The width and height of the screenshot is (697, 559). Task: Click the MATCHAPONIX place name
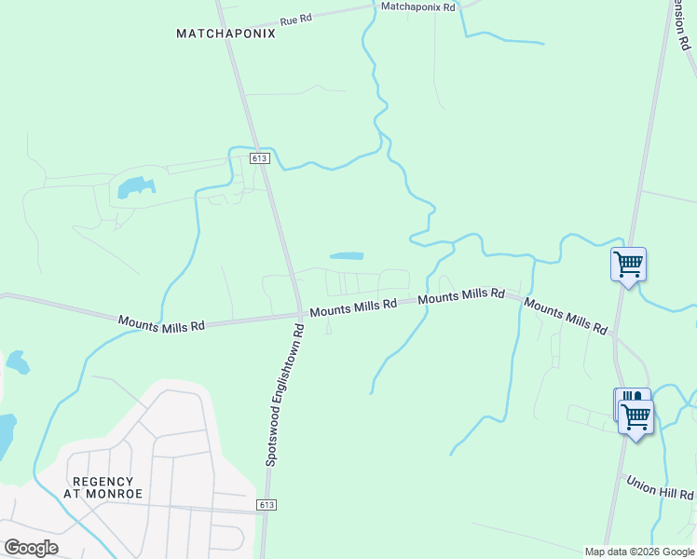pos(226,34)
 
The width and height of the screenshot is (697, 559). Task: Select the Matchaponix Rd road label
pos(418,7)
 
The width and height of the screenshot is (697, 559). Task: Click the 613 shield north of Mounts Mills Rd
pos(260,159)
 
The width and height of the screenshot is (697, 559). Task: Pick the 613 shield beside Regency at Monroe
pos(267,504)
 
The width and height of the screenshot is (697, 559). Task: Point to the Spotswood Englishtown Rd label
pos(285,395)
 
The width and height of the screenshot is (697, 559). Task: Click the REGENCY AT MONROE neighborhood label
pos(103,487)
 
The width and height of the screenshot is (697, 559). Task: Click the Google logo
pos(31,548)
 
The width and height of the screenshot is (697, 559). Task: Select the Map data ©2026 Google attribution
pos(638,552)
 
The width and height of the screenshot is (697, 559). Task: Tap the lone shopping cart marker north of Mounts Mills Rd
pos(628,265)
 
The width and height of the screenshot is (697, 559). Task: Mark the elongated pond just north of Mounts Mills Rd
pos(346,255)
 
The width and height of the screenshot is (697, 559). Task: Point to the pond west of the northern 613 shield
pos(133,188)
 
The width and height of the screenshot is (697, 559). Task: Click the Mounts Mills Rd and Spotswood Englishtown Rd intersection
pos(299,314)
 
